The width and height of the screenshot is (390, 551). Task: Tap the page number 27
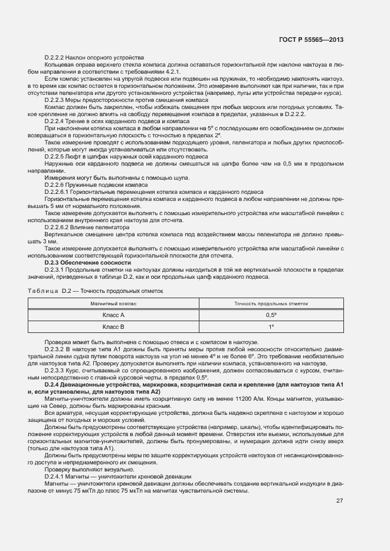click(339, 501)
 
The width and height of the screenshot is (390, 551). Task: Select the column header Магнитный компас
click(113, 303)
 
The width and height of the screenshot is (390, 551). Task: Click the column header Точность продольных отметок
click(271, 303)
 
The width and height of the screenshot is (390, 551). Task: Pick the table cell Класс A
click(113, 315)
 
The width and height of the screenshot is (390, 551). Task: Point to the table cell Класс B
click(113, 326)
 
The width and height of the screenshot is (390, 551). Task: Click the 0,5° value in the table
click(271, 315)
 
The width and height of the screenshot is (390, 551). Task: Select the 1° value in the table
click(271, 326)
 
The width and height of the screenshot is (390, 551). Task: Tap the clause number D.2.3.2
click(55, 348)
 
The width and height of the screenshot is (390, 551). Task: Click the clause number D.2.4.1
click(55, 476)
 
